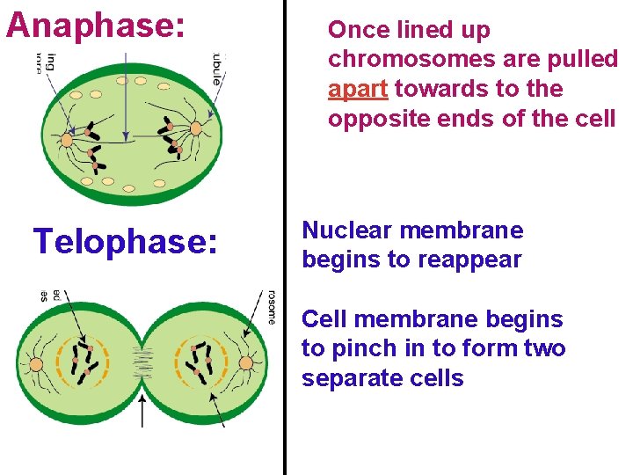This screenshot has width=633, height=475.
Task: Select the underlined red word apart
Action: [x=358, y=89]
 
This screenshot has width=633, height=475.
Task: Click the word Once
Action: [x=359, y=30]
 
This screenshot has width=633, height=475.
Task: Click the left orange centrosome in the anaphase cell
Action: [x=66, y=139]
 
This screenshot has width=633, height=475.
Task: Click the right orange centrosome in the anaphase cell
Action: [x=195, y=128]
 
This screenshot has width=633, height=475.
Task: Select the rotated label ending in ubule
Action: [x=216, y=68]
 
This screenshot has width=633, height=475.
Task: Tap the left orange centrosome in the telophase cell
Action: [x=37, y=363]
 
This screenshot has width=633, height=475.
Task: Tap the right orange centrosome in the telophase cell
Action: [x=246, y=363]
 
